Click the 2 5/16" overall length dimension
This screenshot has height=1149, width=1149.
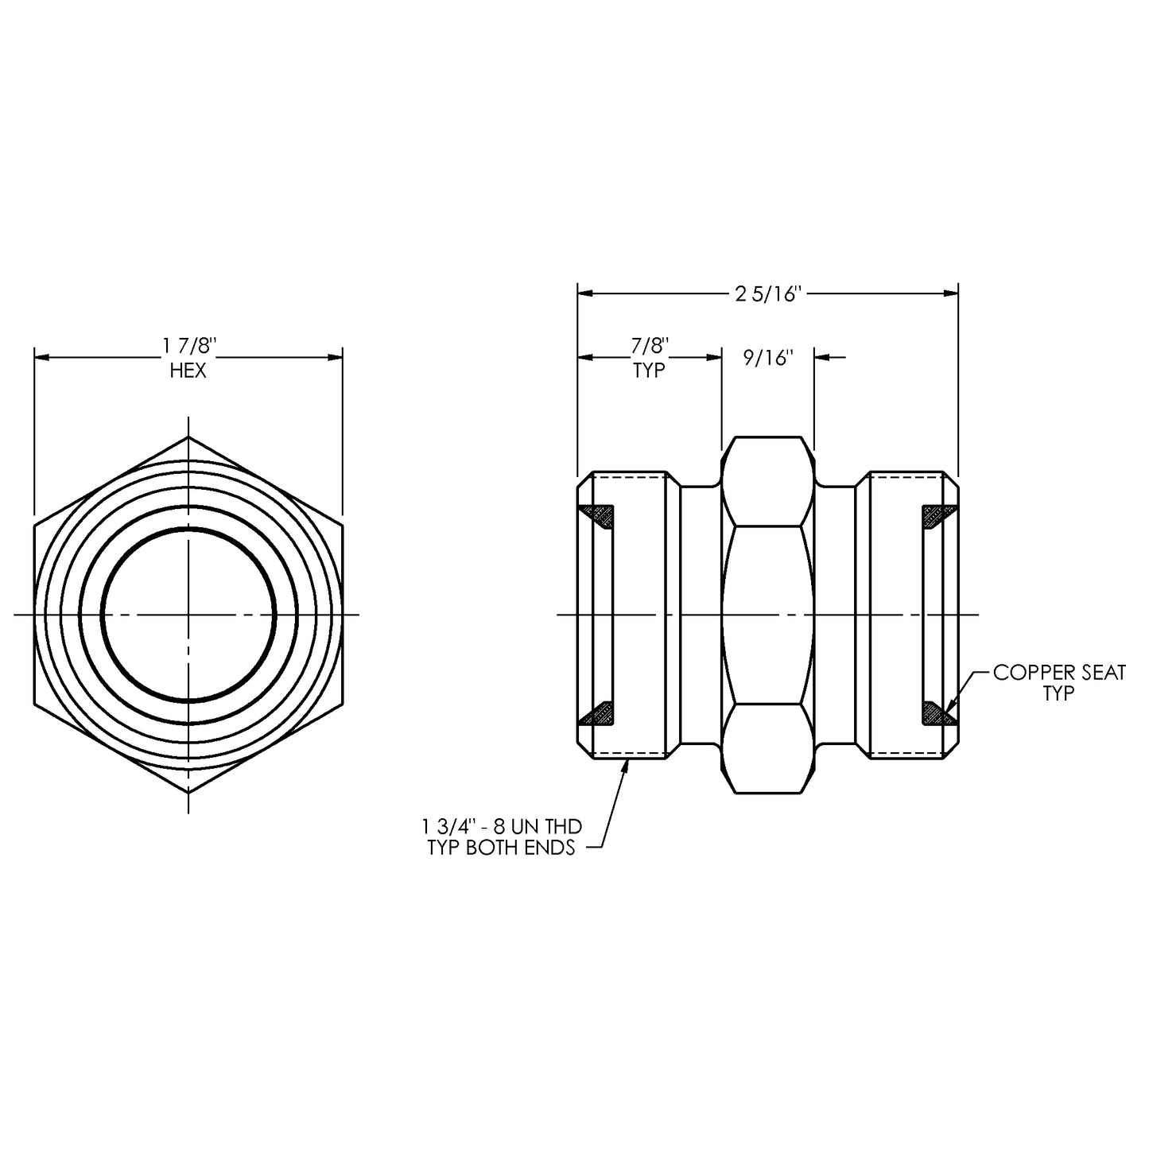(767, 293)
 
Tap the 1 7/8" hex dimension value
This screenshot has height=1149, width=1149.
(189, 347)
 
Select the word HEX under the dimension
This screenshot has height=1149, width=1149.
(188, 371)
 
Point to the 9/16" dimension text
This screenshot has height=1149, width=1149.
(768, 358)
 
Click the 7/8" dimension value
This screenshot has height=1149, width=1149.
(650, 346)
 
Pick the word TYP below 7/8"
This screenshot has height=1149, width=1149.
(650, 371)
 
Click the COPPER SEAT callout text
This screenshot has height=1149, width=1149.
(1059, 673)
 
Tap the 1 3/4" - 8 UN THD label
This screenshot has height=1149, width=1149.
(502, 826)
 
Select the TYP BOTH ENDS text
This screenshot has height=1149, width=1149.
(501, 848)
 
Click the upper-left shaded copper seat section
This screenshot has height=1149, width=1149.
(598, 516)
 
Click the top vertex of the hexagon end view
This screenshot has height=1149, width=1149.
(188, 437)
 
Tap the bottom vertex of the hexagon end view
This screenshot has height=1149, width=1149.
(188, 793)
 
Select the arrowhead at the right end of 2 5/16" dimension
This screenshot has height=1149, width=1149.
(950, 293)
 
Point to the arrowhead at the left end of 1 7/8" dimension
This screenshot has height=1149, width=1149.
(41, 358)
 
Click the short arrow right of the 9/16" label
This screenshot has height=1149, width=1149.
(830, 358)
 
